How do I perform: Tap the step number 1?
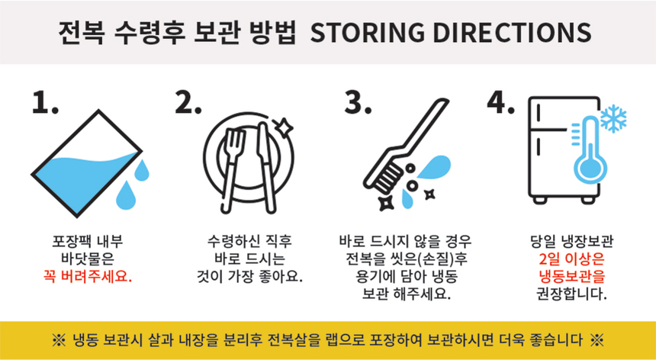44,103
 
